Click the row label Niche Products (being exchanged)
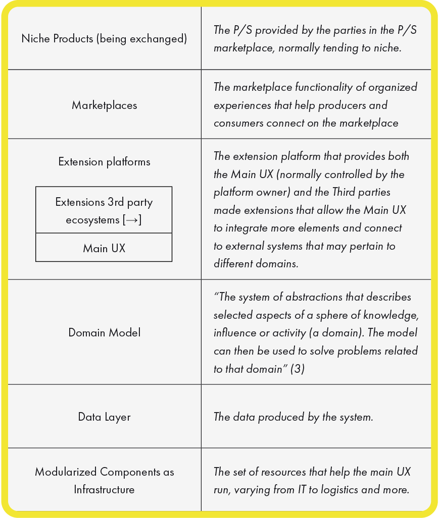tap(104, 39)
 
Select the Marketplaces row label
tap(104, 105)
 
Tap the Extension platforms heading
tap(104, 162)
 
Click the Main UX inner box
tap(104, 248)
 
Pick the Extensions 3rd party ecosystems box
tap(104, 211)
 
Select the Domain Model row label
tap(104, 332)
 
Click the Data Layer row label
tap(104, 417)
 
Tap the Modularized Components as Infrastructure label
tap(104, 481)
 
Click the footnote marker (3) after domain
tap(298, 369)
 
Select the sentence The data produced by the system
tap(293, 417)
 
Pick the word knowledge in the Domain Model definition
tap(394, 315)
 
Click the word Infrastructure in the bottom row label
tap(104, 490)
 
